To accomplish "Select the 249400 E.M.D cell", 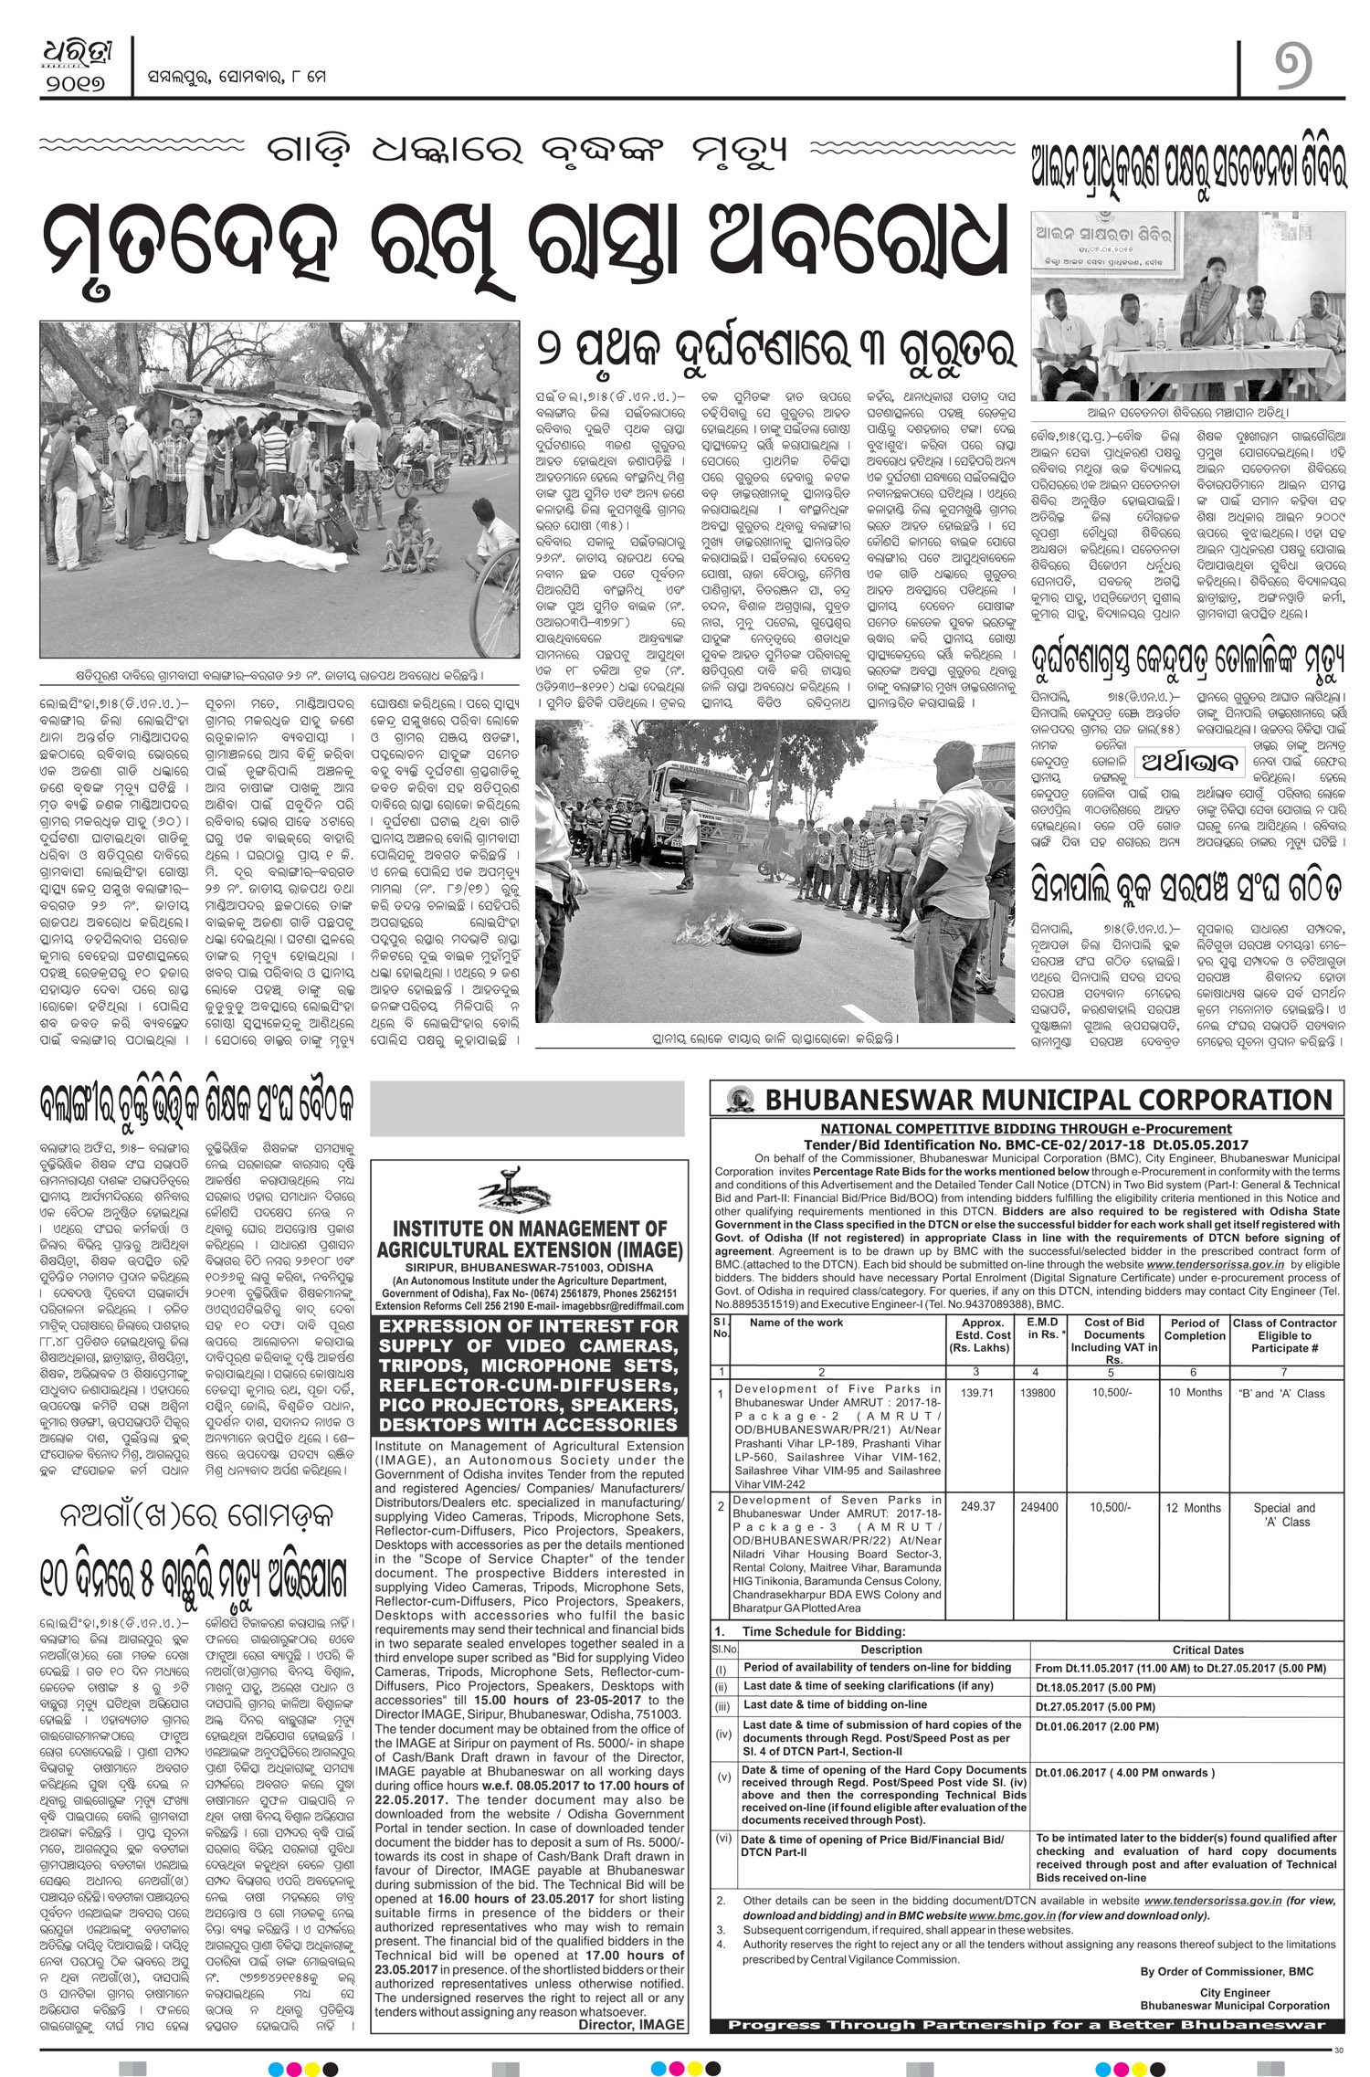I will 1038,1507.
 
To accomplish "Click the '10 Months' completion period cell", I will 1195,1393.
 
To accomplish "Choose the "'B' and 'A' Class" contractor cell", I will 1283,1394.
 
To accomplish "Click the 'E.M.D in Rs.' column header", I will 1041,1328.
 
